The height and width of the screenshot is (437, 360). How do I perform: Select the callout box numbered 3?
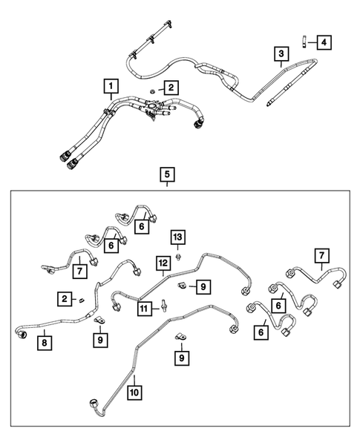(x=281, y=54)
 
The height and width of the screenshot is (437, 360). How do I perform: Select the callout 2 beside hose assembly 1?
(x=171, y=88)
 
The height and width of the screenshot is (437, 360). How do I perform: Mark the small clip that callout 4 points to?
(x=304, y=41)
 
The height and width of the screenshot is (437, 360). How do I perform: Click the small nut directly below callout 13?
(x=179, y=256)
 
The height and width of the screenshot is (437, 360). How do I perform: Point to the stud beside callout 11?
(x=161, y=307)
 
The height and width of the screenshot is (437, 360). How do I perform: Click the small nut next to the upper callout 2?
(x=152, y=91)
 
